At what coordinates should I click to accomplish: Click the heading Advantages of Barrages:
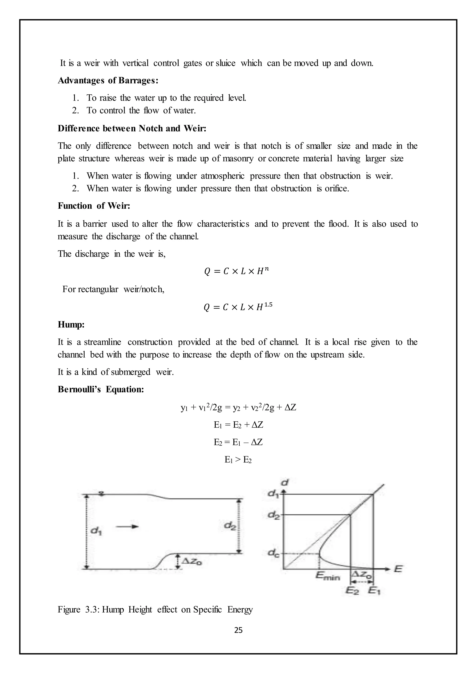pos(108,80)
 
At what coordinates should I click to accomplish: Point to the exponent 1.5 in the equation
pos(268,305)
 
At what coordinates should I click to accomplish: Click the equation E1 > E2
pos(238,460)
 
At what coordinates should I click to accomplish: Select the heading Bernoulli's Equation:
pos(101,389)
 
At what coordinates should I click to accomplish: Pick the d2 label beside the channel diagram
pos(230,526)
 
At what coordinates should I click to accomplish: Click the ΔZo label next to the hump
pos(192,561)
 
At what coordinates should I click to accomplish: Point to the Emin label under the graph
pos(327,576)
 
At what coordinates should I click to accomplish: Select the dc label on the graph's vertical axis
pos(274,553)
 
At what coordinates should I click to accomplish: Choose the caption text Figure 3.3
pos(79,610)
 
